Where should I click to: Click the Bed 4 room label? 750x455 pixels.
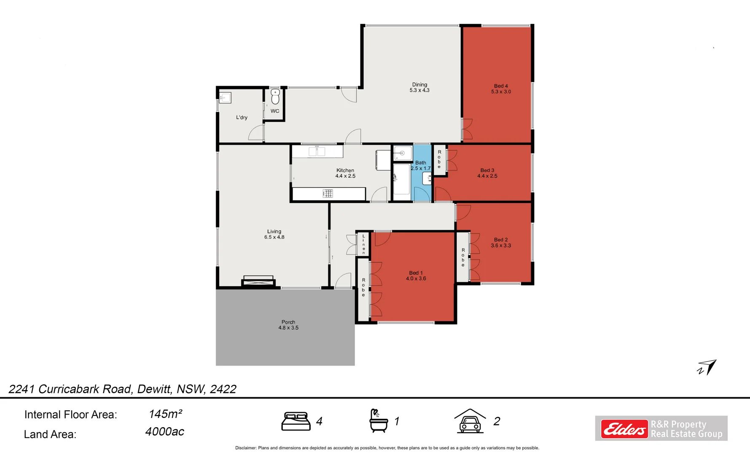[x=501, y=89]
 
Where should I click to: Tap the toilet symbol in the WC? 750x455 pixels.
[x=275, y=97]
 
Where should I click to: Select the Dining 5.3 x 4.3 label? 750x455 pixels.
[x=419, y=88]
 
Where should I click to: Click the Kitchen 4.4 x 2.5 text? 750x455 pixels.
[x=345, y=173]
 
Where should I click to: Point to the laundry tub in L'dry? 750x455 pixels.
[x=225, y=98]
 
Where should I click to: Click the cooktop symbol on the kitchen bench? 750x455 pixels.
[x=328, y=193]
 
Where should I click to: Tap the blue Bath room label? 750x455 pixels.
[x=421, y=166]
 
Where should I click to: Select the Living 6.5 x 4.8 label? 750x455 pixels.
[x=274, y=234]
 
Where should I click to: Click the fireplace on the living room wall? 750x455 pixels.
[x=258, y=281]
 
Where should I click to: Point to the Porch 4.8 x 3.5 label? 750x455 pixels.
[x=288, y=325]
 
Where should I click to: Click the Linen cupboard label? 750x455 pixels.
[x=363, y=244]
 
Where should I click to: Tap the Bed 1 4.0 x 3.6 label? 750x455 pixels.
[x=416, y=276]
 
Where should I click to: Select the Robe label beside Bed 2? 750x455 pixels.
[x=463, y=257]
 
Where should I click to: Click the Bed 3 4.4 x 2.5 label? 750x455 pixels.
[x=487, y=173]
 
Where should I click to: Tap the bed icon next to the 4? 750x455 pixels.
[x=296, y=421]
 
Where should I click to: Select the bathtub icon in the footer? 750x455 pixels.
[x=378, y=421]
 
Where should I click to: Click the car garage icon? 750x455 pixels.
[x=470, y=421]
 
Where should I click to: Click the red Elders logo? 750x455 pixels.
[x=624, y=429]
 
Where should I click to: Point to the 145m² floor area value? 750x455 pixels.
[x=165, y=414]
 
